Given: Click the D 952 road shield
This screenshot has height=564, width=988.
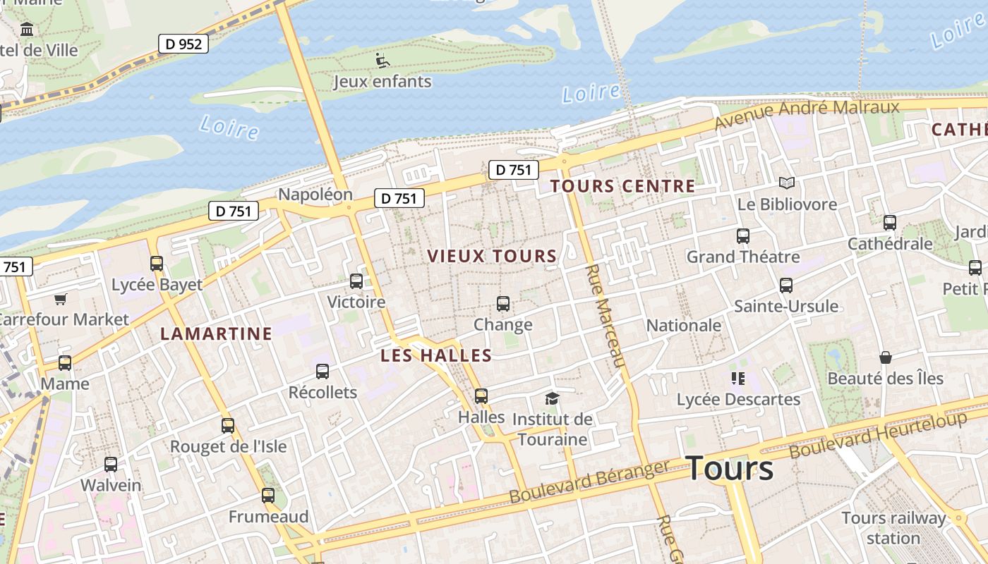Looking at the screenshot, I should tap(183, 44).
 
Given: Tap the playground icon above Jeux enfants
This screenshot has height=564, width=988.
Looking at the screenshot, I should tap(382, 61).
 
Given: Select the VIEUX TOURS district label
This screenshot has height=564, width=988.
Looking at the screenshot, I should tap(492, 256).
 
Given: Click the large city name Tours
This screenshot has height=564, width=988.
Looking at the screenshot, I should tap(729, 468).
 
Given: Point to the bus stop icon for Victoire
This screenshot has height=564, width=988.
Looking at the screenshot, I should tap(356, 281).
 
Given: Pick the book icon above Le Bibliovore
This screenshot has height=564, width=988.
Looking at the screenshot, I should tap(787, 183).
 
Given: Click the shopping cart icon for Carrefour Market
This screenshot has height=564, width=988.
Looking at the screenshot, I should tap(60, 300).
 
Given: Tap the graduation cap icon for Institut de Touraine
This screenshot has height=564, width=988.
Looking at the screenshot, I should tap(552, 399).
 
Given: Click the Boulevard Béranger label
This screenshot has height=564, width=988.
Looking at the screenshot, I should tap(589, 482).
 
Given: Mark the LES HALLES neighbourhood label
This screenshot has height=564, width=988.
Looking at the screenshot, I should tap(436, 355).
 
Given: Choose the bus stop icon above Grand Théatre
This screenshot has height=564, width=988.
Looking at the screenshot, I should tap(743, 236).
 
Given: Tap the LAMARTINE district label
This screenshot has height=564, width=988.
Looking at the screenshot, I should tap(216, 333).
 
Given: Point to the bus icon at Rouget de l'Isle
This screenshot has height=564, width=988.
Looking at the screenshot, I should tap(227, 426).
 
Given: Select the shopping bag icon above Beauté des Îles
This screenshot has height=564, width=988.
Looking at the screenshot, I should tap(885, 358).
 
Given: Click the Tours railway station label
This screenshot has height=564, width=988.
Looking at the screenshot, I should tap(893, 528).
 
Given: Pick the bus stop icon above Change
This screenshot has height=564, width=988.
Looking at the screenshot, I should tap(503, 304).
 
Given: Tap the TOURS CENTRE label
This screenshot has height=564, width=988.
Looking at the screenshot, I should tap(622, 186).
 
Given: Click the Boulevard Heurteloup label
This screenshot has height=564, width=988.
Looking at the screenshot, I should tap(878, 434).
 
